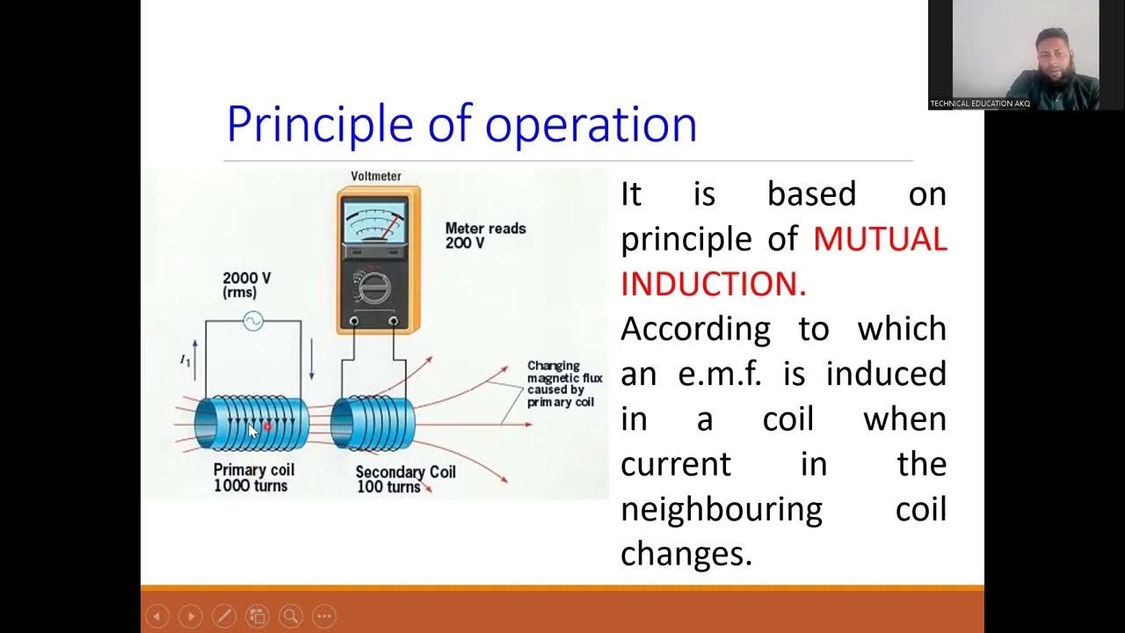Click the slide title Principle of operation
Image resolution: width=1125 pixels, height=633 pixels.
pos(461,124)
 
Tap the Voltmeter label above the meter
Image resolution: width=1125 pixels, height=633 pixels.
pos(376,176)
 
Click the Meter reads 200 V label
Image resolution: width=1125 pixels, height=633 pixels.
pos(485,235)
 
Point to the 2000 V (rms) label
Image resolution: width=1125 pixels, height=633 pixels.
pos(246,284)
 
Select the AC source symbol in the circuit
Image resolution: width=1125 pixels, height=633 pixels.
pos(252,321)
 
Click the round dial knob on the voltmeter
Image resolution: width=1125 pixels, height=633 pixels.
pos(374,287)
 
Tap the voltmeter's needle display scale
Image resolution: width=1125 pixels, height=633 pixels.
pos(375,221)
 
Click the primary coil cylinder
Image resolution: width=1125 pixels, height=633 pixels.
pos(251,424)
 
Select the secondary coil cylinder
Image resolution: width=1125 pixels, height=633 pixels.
pos(373,424)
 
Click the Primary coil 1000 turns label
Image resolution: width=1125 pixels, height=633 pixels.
pos(252,477)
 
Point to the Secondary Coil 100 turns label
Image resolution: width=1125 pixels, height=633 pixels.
pos(404,479)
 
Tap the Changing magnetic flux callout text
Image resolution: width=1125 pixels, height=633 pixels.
pos(564,384)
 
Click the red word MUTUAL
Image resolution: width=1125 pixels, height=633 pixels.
pos(879,239)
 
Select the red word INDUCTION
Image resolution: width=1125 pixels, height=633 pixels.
pos(712,284)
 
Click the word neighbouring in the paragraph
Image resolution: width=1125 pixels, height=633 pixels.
pos(721,509)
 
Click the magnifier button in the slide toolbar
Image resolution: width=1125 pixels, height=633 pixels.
pos(291,616)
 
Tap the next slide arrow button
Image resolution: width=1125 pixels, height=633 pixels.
pos(190,616)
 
